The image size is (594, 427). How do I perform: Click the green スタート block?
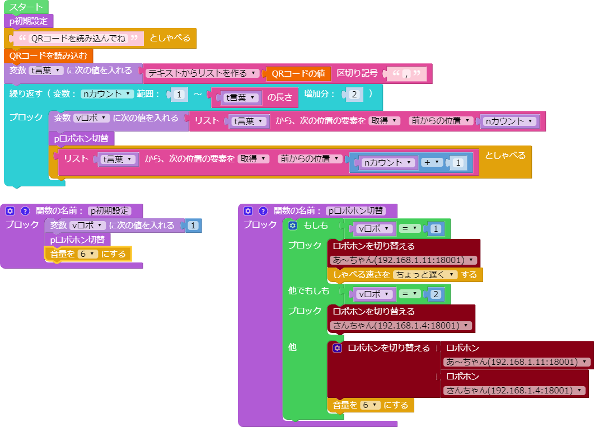point(26,7)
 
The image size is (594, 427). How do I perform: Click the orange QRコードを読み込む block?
point(49,55)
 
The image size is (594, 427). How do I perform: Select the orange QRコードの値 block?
point(298,73)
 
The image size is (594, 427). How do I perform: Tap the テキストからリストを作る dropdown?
point(202,73)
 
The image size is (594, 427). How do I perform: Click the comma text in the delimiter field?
point(406,74)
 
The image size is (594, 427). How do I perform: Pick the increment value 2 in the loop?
point(354,94)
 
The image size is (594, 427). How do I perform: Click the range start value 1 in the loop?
point(179,94)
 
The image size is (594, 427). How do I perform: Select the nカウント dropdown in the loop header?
point(107,94)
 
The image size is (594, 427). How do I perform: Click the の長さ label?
point(279,97)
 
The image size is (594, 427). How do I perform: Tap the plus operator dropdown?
point(432,162)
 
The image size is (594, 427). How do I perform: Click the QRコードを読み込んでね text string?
point(78,38)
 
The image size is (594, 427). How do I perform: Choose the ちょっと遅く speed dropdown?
point(425,274)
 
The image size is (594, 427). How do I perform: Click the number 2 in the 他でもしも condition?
point(436,294)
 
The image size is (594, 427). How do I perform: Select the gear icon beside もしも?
point(292,226)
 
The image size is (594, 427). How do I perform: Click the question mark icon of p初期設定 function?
point(25,211)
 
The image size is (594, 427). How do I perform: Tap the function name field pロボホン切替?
point(356,211)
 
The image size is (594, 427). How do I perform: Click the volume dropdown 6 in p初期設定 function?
point(87,254)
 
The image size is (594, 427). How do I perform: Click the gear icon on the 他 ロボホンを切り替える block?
point(337,348)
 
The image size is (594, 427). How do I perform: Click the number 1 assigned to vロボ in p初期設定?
point(193,226)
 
